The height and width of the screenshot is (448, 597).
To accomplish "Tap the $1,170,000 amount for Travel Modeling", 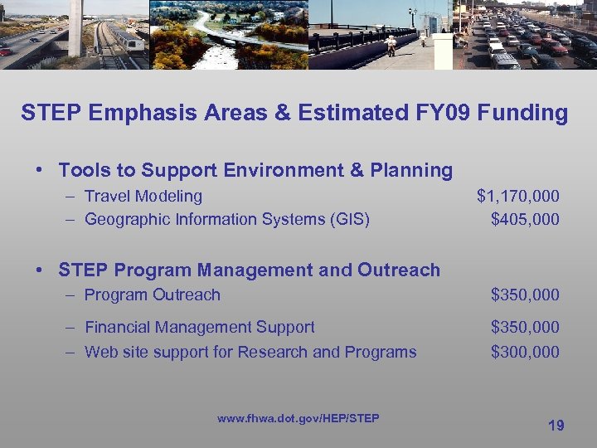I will (x=517, y=197).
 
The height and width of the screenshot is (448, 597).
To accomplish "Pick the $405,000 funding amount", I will (x=525, y=220).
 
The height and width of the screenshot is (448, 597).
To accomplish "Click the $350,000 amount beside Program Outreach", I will (x=525, y=295).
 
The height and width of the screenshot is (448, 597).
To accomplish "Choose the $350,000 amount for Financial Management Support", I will (x=525, y=328).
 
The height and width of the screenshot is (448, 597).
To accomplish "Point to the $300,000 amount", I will (x=525, y=353).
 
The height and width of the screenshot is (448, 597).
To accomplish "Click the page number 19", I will (x=556, y=426).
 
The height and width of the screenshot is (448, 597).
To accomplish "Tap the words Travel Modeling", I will (x=143, y=197).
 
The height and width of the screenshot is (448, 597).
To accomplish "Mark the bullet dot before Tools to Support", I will (x=40, y=171).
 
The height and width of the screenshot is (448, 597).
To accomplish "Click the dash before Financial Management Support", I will (x=71, y=328).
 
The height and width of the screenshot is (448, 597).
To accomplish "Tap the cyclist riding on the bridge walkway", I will (x=391, y=43).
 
